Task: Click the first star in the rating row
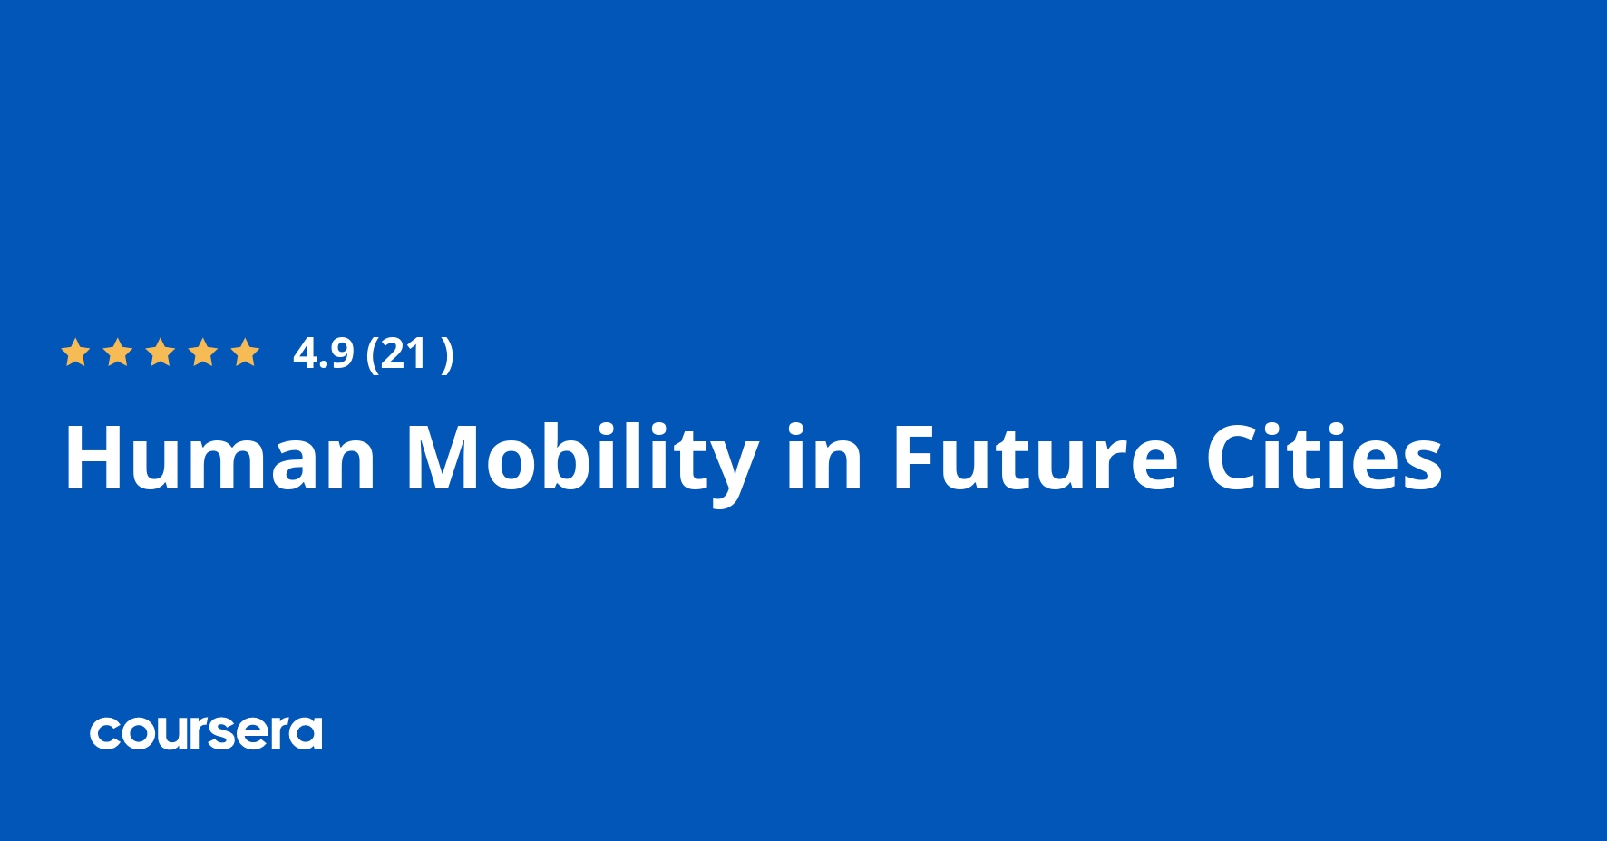point(75,353)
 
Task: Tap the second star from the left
point(118,353)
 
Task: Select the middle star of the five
point(161,353)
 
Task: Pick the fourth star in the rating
point(203,353)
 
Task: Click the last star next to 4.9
point(246,353)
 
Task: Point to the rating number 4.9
point(323,353)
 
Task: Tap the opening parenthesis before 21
point(372,354)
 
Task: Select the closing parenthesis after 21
point(446,354)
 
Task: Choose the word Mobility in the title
point(581,460)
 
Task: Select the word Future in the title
point(1035,459)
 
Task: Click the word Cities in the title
point(1323,459)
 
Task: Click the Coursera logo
point(206,733)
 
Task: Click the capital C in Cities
point(1236,459)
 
